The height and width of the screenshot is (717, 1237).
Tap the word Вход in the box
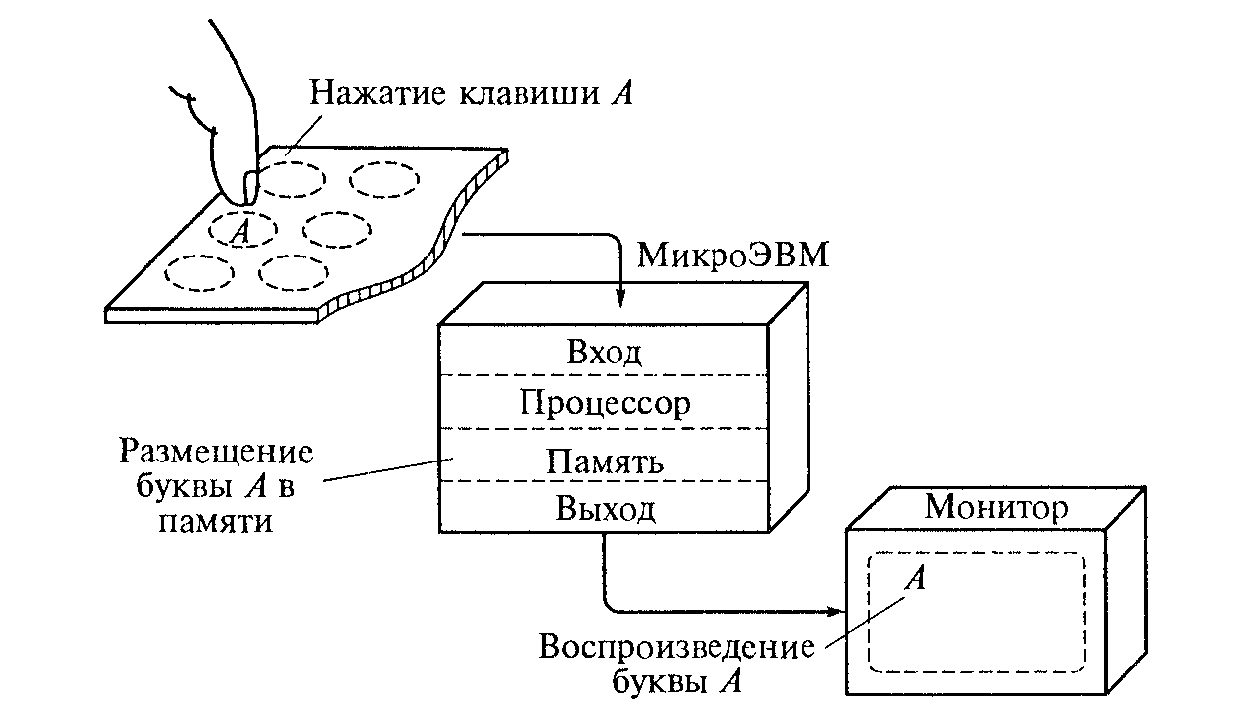click(605, 354)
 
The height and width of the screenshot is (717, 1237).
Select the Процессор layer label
click(605, 404)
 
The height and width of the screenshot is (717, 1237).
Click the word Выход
click(605, 511)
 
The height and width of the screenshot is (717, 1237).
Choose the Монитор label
click(997, 508)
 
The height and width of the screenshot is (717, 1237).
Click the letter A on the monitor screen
click(917, 578)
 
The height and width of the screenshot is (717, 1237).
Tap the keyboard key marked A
click(240, 229)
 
